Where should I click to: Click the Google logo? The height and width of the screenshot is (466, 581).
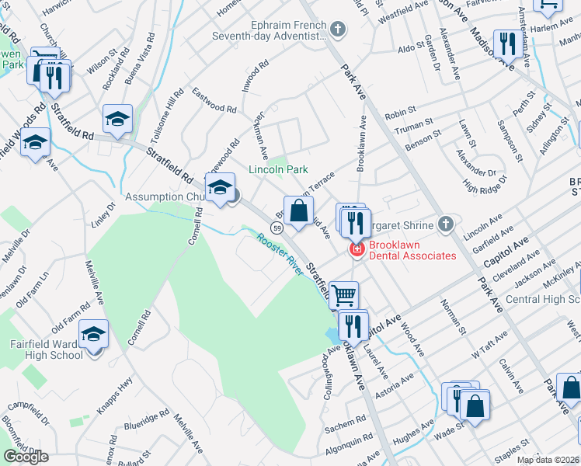coord(26,457)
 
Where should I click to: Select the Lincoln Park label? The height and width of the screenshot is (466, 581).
coord(278,169)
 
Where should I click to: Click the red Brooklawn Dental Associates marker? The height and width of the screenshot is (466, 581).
coord(357,249)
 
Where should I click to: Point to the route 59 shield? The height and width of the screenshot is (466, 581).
coord(277,227)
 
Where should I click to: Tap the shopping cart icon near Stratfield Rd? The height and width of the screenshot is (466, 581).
coord(344,294)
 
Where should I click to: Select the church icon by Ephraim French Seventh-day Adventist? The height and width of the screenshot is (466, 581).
coord(337,30)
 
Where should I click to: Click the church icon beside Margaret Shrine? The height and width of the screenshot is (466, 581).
coord(445,225)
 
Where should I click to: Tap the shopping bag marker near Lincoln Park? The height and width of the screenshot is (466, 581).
coord(298,209)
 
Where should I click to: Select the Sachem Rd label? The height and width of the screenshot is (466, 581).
coord(340,426)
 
